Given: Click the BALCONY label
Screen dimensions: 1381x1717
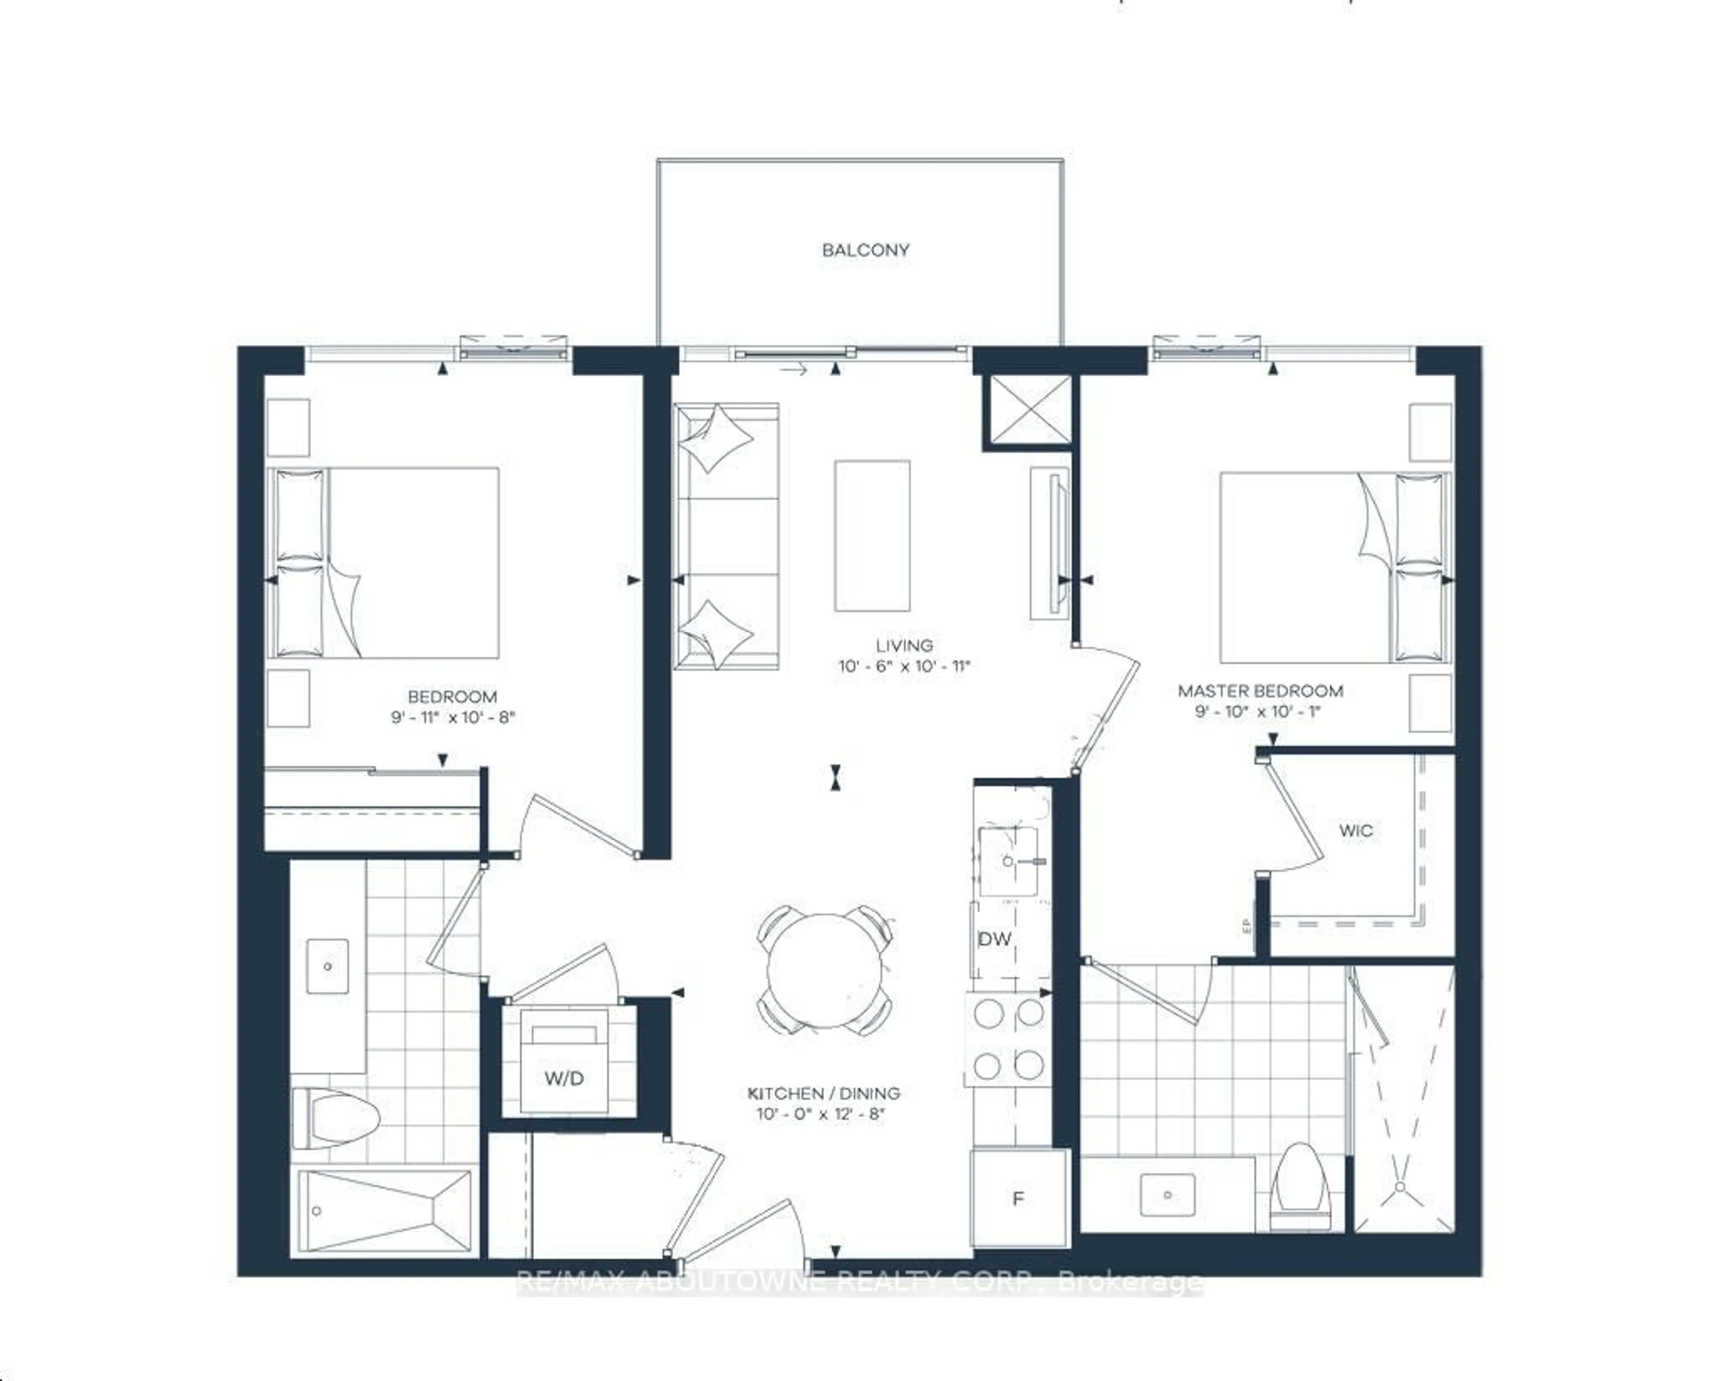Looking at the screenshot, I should (866, 250).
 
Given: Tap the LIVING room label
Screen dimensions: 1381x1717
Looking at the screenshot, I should (904, 645).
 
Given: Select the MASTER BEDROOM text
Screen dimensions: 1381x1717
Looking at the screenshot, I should (1260, 691).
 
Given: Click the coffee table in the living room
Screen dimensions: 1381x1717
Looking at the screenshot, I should (872, 536).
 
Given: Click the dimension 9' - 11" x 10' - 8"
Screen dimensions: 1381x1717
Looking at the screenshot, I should (453, 717).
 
